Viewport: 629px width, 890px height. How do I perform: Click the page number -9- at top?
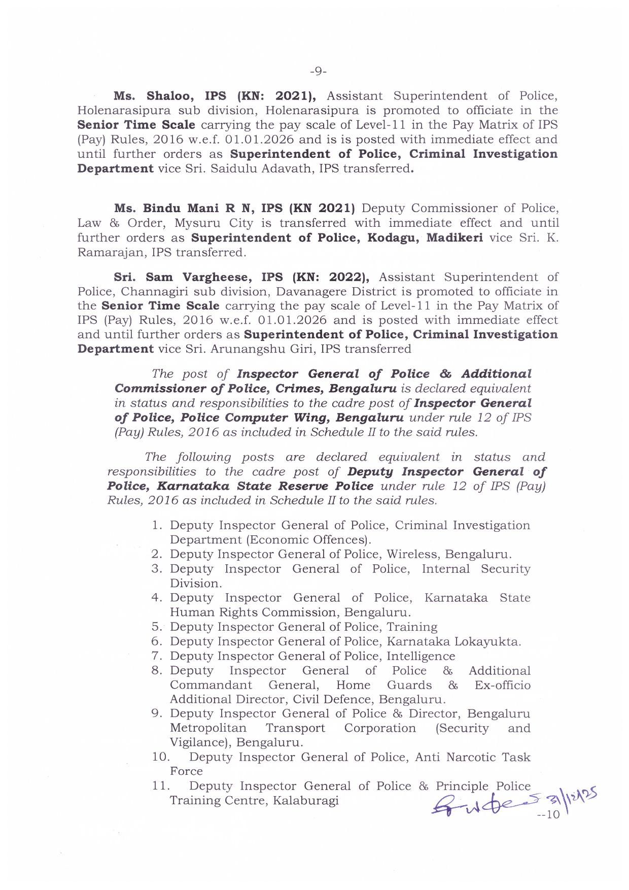point(318,72)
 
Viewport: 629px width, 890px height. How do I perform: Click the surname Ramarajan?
point(108,252)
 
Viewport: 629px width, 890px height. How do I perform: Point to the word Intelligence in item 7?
point(421,656)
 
